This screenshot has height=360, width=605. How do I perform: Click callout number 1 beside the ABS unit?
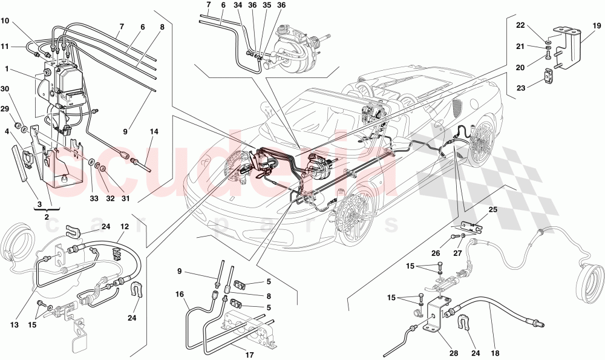click(x=5, y=70)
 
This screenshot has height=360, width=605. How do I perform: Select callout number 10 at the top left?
click(x=5, y=21)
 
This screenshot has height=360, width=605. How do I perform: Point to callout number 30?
click(x=5, y=89)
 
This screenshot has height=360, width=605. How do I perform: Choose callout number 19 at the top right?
click(x=597, y=25)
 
